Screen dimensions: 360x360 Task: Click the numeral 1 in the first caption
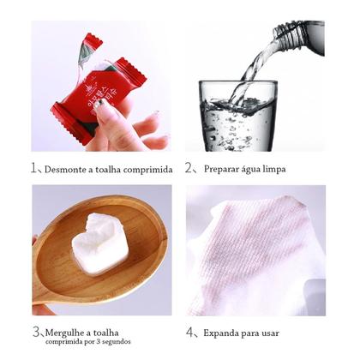click(x=34, y=168)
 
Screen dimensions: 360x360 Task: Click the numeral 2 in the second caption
click(x=189, y=168)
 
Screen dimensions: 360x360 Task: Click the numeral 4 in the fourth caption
click(x=189, y=332)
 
